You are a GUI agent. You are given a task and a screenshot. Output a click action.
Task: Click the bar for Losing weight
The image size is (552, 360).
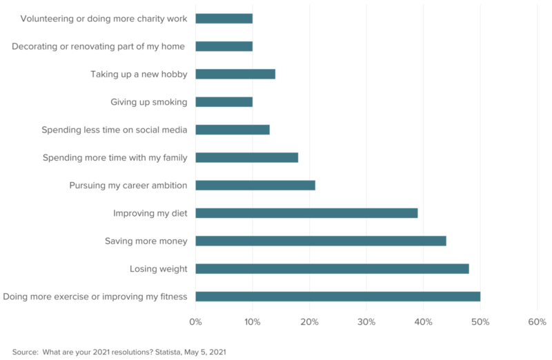pyautogui.click(x=332, y=269)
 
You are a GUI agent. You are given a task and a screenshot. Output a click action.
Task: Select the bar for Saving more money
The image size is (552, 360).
pyautogui.click(x=321, y=241)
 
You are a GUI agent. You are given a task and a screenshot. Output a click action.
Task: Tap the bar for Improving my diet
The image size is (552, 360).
pyautogui.click(x=306, y=213)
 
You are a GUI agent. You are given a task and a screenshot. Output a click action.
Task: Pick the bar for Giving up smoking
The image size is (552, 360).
pyautogui.click(x=224, y=102)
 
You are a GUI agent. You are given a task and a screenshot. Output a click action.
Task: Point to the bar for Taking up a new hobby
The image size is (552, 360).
pyautogui.click(x=235, y=74)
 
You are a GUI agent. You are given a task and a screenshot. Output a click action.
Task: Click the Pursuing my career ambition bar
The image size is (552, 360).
pyautogui.click(x=255, y=186)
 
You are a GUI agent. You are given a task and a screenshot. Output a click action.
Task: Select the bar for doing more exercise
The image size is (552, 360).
pyautogui.click(x=337, y=297)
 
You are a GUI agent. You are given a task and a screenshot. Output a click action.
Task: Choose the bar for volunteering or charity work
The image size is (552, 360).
pyautogui.click(x=224, y=19)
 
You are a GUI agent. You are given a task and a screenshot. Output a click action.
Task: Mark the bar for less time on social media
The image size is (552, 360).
pyautogui.click(x=233, y=130)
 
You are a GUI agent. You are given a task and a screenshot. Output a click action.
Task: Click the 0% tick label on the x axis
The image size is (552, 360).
pyautogui.click(x=195, y=322)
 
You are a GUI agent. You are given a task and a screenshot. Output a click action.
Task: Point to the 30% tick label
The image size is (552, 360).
pyautogui.click(x=366, y=322)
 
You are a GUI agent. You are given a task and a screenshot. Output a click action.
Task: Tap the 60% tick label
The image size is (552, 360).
pyautogui.click(x=537, y=322)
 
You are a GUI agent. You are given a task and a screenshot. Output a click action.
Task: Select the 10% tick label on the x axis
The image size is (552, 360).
pyautogui.click(x=252, y=322)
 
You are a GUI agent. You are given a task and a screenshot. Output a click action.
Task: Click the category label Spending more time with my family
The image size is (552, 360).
pyautogui.click(x=115, y=158)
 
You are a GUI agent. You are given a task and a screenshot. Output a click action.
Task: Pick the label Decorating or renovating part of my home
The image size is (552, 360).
pyautogui.click(x=99, y=46)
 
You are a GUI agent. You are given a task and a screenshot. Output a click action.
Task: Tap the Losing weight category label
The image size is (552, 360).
pyautogui.click(x=158, y=269)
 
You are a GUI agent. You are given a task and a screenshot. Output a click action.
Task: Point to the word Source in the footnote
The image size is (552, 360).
pyautogui.click(x=25, y=352)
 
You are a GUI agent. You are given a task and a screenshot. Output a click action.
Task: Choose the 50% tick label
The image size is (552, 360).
pyautogui.click(x=480, y=322)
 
